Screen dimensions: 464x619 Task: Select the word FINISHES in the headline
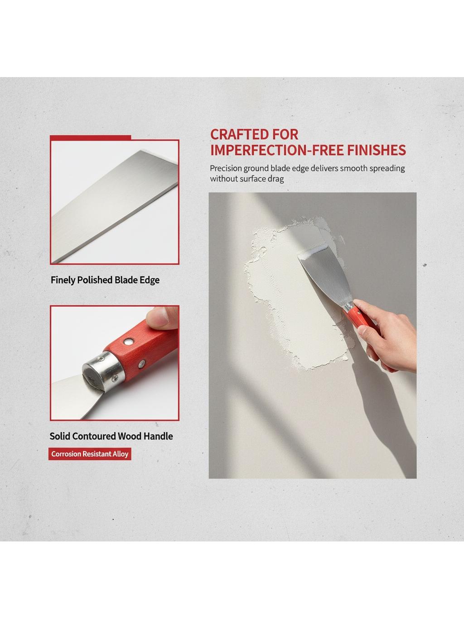pyautogui.click(x=377, y=150)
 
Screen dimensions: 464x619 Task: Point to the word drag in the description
pyautogui.click(x=276, y=179)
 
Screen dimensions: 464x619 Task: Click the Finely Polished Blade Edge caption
pyautogui.click(x=105, y=280)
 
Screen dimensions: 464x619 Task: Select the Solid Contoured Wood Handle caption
pyautogui.click(x=111, y=436)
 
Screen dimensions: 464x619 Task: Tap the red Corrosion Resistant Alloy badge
pyautogui.click(x=90, y=454)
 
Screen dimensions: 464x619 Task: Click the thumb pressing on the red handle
pyautogui.click(x=162, y=318)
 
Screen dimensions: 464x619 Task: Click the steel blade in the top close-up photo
pyautogui.click(x=115, y=206)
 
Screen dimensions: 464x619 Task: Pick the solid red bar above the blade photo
pyautogui.click(x=91, y=137)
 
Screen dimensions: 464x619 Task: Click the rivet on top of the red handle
pyautogui.click(x=129, y=341)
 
